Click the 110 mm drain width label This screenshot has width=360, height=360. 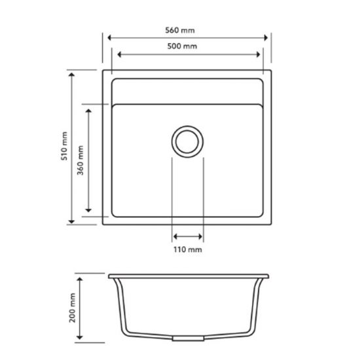pos(188,250)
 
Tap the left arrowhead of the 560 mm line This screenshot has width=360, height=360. pos(109,38)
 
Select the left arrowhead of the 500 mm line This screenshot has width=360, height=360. pos(117,55)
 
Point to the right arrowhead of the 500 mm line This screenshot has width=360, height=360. pos(258,55)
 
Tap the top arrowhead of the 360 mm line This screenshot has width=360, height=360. pos(88,107)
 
